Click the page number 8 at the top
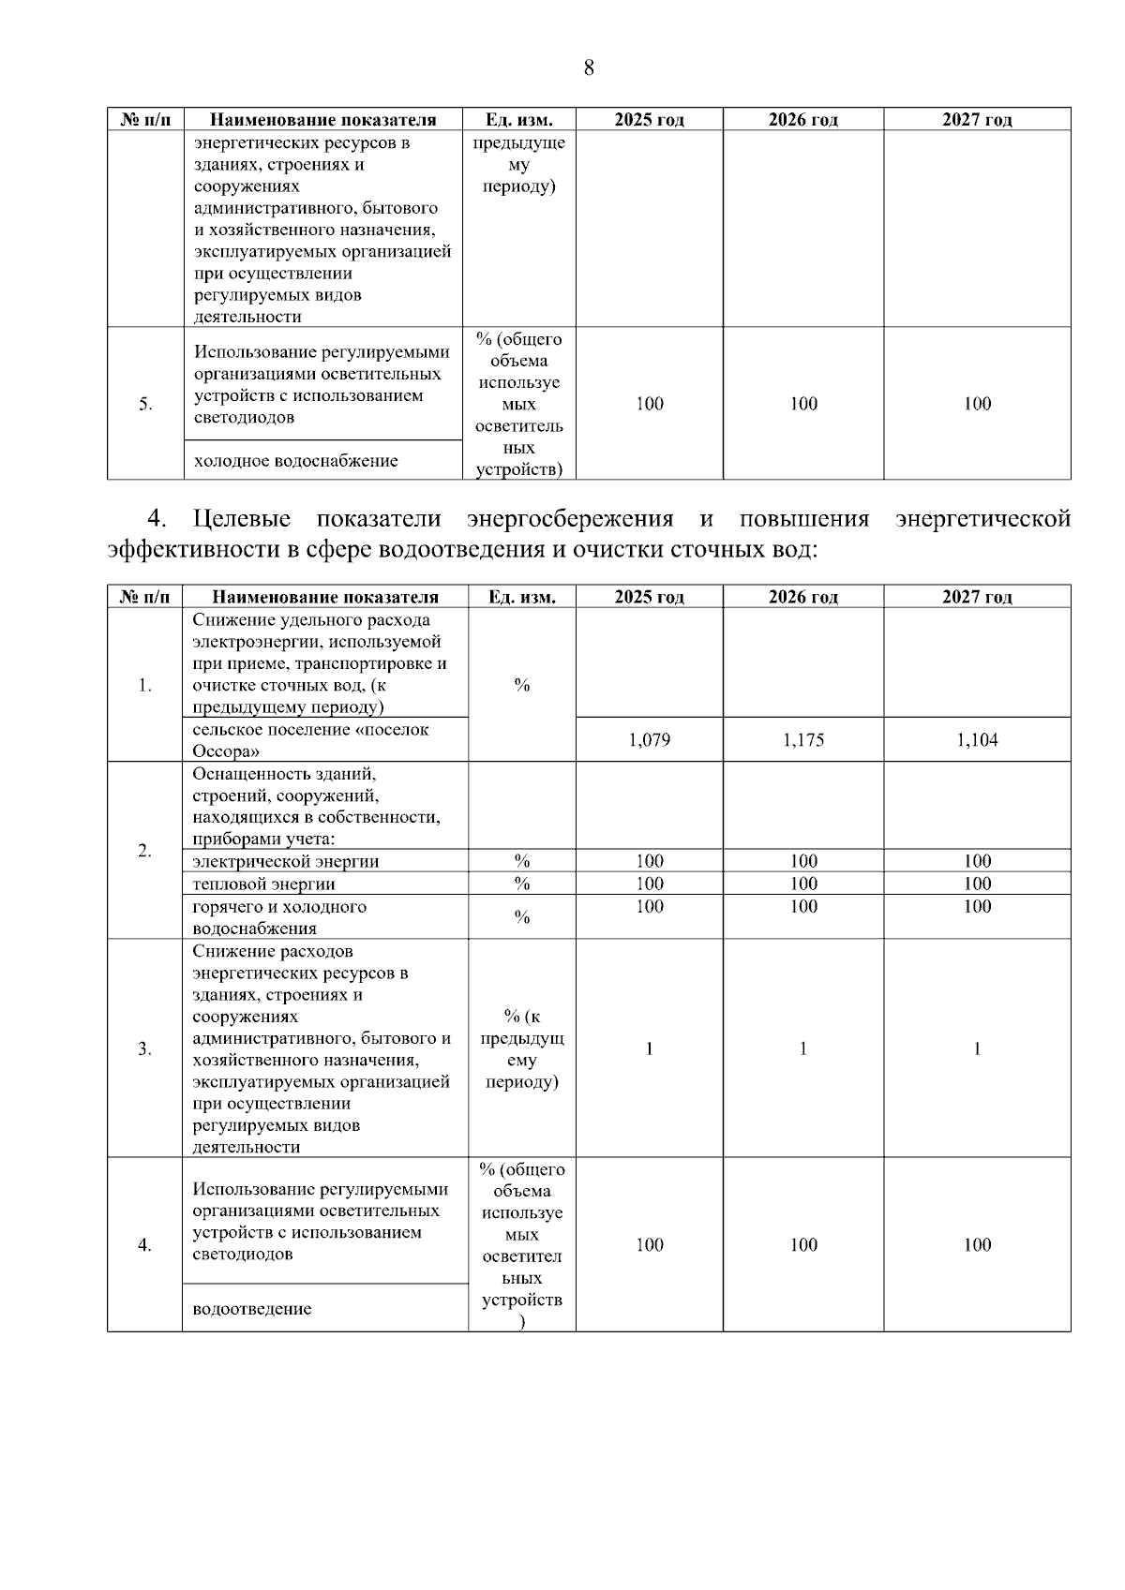point(588,67)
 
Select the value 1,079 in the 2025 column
point(649,740)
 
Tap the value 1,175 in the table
point(803,740)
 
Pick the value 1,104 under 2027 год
point(977,740)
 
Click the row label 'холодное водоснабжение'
point(295,461)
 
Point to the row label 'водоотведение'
point(251,1309)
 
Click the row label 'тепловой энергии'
point(263,884)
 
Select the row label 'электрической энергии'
point(285,861)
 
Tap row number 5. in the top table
point(145,404)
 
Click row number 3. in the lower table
point(144,1048)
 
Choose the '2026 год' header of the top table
point(802,120)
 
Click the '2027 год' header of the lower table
point(977,597)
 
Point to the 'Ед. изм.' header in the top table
point(518,120)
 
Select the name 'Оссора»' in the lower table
point(226,751)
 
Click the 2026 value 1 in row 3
point(802,1048)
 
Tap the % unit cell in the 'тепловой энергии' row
point(521,884)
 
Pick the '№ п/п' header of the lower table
point(145,597)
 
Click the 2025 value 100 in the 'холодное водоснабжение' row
point(649,404)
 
